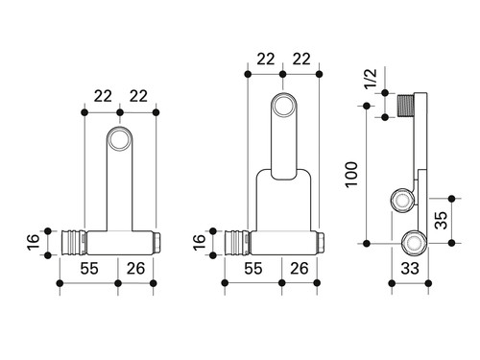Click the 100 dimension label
[351, 175]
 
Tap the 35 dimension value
[442, 220]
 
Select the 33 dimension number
[410, 268]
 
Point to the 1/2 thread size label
[372, 79]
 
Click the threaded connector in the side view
[406, 106]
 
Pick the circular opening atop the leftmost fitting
[120, 139]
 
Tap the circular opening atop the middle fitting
[282, 105]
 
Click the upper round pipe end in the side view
[402, 201]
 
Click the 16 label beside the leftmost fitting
[34, 243]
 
